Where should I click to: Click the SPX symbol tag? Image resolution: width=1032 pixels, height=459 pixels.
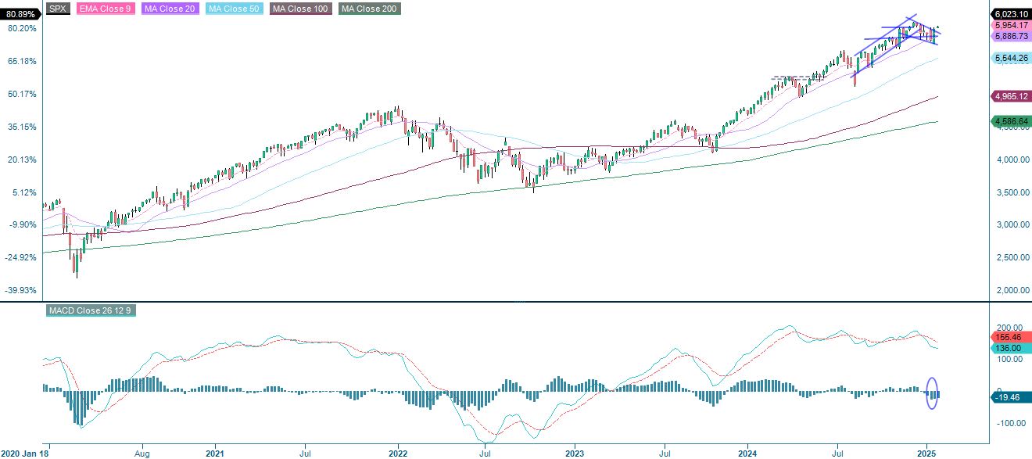coord(56,9)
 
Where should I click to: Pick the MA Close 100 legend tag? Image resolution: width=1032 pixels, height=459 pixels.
coord(300,9)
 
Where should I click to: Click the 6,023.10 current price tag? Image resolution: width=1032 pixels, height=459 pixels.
coord(1012,14)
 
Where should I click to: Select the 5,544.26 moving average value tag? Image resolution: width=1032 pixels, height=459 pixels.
coord(1012,58)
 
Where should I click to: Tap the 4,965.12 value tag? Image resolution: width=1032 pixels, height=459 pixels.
coord(1012,96)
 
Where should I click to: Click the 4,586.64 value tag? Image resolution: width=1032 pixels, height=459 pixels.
coord(1012,121)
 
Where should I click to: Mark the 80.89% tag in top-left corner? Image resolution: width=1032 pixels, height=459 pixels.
coord(19,14)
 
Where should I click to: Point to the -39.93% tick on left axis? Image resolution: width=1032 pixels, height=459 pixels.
coord(20,290)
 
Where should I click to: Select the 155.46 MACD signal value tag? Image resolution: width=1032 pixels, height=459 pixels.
coord(1012,338)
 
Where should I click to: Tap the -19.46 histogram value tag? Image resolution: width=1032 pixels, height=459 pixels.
coord(1012,397)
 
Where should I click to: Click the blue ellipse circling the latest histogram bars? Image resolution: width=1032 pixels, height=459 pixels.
coord(931,393)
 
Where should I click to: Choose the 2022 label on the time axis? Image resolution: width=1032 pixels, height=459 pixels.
coord(398,453)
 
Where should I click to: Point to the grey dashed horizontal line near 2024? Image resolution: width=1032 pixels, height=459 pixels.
coord(790,77)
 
